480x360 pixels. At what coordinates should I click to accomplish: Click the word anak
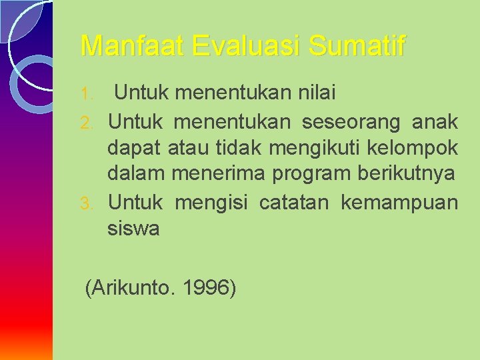(x=435, y=121)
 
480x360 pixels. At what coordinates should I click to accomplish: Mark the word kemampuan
(x=399, y=202)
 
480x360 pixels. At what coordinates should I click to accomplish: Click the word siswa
(x=133, y=229)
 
